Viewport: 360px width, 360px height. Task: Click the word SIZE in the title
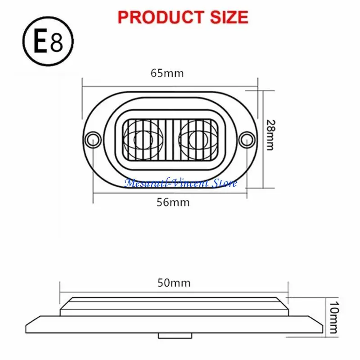(228, 17)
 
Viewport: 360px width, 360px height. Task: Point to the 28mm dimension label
(270, 135)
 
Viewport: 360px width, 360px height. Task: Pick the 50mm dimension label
(174, 283)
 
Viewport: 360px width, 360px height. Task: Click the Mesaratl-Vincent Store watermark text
(180, 183)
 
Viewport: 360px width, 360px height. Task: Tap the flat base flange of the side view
(173, 324)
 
